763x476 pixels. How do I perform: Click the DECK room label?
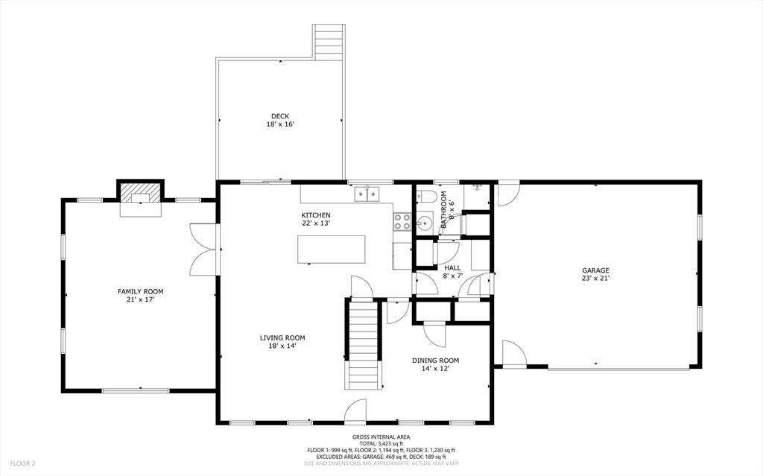[280, 116]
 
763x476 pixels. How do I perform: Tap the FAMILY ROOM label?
[141, 291]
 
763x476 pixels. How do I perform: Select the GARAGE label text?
[595, 270]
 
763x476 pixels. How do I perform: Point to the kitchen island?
[332, 250]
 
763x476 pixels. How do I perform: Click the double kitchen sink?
[367, 194]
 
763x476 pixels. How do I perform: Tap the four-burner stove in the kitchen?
[402, 222]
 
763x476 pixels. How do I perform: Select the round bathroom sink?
[424, 224]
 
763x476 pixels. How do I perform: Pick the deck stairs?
[329, 42]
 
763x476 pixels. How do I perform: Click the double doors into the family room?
[203, 250]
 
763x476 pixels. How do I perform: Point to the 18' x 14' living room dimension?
[282, 346]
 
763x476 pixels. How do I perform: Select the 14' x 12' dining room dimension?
[435, 369]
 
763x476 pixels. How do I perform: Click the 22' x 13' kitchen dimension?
[316, 223]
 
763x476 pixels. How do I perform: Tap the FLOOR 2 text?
[22, 464]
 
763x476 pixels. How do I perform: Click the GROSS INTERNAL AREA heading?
[381, 437]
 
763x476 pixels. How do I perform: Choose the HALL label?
[452, 267]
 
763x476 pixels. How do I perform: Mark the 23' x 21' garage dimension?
[595, 279]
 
